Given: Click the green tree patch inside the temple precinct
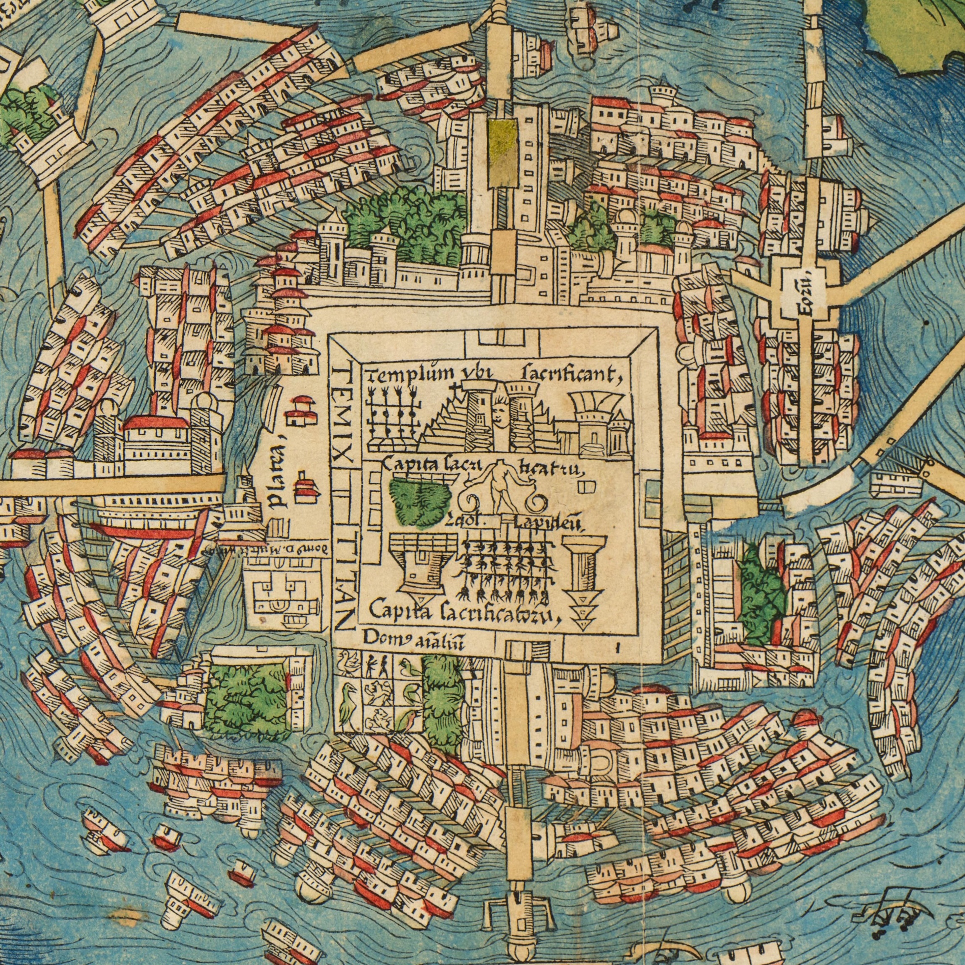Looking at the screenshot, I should (419, 502).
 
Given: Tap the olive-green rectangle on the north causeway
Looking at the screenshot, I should (502, 153).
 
